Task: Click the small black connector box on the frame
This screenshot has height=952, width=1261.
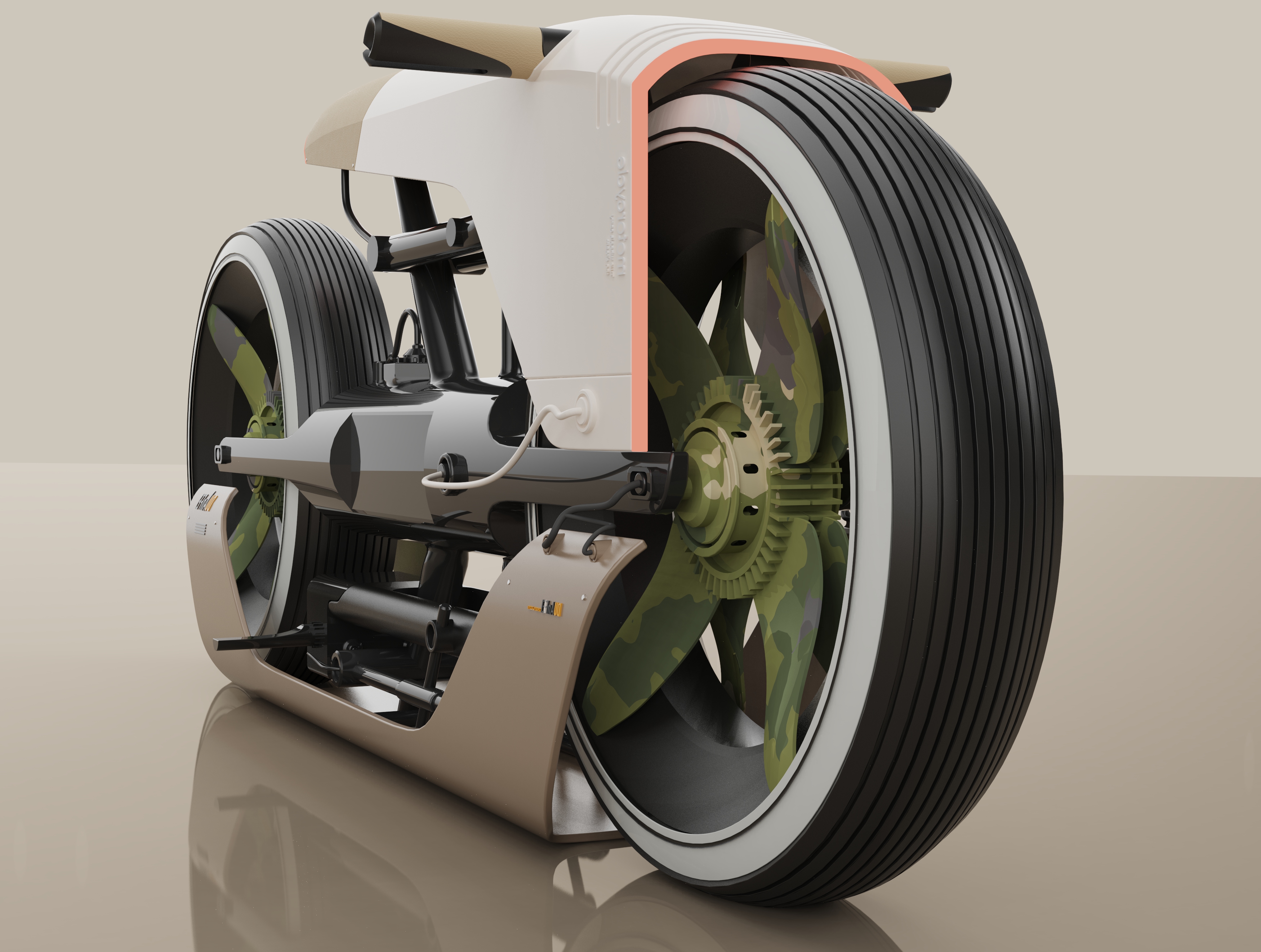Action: pos(406,370)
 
